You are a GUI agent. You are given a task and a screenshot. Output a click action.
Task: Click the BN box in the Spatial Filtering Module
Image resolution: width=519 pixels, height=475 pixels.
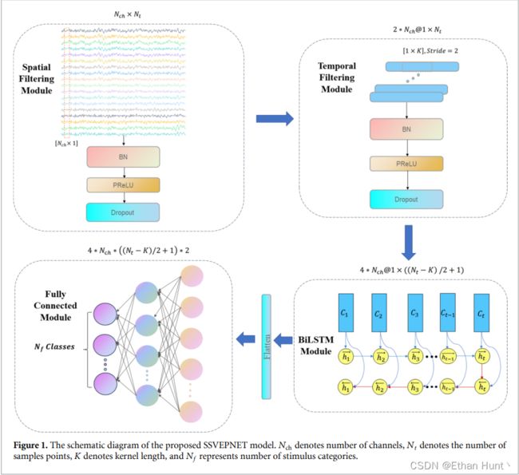point(123,157)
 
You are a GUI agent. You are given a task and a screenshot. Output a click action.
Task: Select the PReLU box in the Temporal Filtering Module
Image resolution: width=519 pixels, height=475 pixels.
point(406,164)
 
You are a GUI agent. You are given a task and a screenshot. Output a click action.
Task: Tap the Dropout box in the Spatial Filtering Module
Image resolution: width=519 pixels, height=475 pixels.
point(123,212)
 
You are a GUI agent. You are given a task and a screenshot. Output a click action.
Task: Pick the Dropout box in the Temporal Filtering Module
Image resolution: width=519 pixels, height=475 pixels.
point(406,200)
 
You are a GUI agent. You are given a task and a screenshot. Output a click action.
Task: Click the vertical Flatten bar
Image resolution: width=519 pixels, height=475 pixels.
point(267,346)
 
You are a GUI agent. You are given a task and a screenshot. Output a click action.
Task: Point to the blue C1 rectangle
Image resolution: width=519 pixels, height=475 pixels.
point(346,312)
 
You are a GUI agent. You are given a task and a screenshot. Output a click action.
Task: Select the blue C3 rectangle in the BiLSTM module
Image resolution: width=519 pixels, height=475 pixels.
point(415,313)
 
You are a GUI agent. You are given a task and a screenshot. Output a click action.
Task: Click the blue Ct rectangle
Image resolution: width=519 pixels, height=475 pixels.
point(481,313)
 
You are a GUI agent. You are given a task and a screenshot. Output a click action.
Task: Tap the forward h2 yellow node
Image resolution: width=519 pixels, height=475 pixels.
point(381,357)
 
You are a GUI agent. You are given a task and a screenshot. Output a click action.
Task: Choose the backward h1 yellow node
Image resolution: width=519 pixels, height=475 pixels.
point(346,387)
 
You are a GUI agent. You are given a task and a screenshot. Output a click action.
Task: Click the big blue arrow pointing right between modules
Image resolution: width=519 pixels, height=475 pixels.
point(275,118)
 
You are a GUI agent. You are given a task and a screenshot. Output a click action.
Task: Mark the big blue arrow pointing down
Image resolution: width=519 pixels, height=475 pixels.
point(409,243)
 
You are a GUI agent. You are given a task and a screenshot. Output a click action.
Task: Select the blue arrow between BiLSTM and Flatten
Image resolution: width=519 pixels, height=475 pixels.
point(283,339)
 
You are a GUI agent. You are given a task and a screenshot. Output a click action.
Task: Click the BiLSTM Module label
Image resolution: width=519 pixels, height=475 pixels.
point(315,345)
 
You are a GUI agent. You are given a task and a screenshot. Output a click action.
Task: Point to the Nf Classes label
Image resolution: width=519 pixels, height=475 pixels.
point(54,347)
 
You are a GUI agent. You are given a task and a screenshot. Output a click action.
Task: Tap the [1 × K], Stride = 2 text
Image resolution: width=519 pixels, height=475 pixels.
point(430,50)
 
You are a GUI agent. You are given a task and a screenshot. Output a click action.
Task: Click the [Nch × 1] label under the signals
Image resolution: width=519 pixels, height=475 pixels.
point(66,144)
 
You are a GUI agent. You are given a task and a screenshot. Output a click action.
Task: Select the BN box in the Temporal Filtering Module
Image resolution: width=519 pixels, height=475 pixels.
point(406,129)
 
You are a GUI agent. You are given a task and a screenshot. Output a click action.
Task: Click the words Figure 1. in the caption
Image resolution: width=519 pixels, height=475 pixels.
point(30,445)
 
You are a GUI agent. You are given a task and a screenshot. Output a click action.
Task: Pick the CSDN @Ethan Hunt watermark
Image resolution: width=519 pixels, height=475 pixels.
point(457,465)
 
